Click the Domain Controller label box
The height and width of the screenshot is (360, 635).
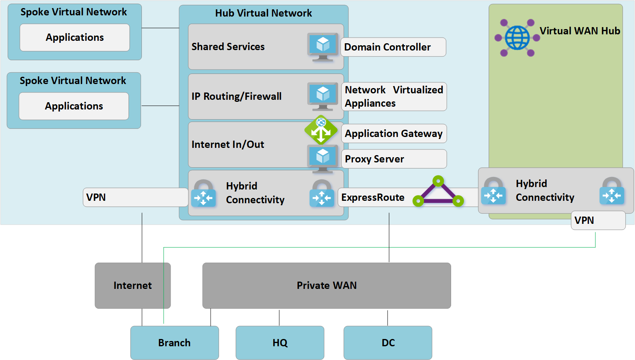pos(393,47)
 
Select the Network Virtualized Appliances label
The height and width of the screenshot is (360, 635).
pos(394,97)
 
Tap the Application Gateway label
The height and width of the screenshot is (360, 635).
pos(394,134)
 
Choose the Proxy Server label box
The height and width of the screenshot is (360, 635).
pos(394,159)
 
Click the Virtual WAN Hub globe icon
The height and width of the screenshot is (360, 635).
pos(517,38)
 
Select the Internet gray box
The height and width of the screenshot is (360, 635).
pos(133,286)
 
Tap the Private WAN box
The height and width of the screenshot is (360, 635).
pos(327,286)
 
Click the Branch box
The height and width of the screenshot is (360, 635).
pos(174,343)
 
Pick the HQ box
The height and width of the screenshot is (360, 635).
pos(280,343)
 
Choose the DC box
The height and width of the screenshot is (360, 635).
pos(388,343)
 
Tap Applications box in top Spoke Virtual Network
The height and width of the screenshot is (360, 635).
pos(75,38)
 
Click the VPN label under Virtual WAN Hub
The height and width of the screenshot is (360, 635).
pos(598,221)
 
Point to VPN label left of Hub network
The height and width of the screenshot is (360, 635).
pos(135,198)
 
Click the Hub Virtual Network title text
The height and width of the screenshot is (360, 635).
pos(264,13)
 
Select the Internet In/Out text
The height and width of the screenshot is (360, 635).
pos(228,145)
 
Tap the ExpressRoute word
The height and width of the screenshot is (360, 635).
pos(373,198)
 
